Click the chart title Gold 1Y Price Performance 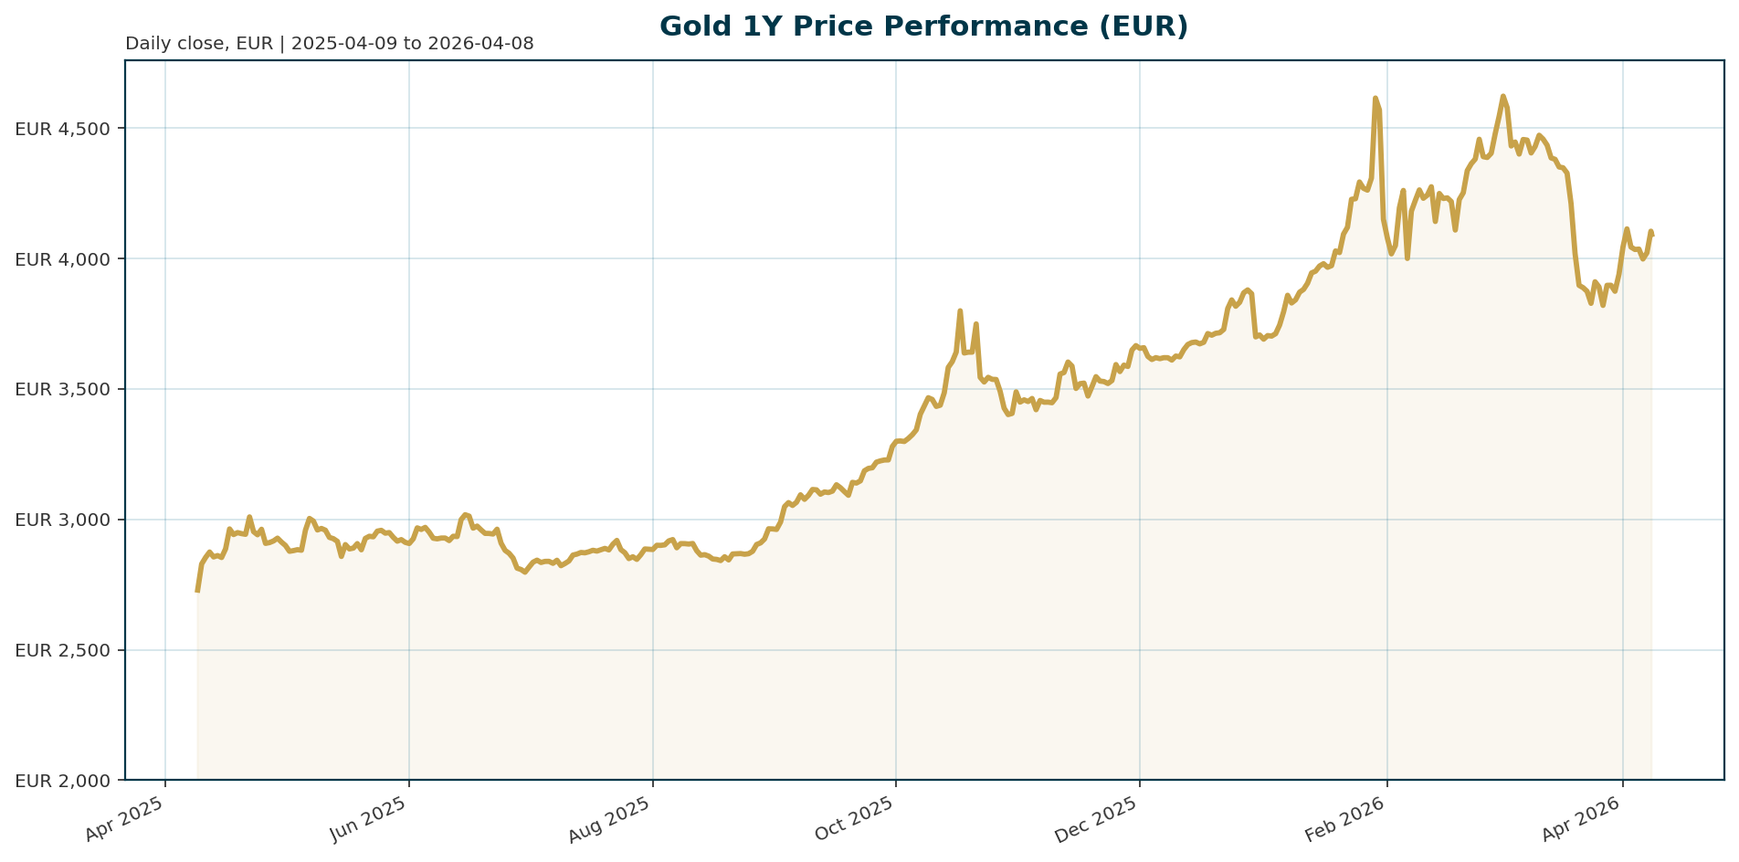pos(923,26)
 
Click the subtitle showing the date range pos(329,44)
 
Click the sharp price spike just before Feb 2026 pos(1375,98)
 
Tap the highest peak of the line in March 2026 pos(1502,96)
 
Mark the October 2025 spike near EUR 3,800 pos(960,311)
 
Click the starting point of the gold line pos(197,591)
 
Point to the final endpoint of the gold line pos(1652,235)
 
